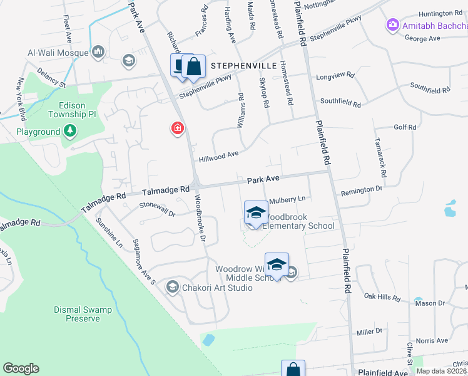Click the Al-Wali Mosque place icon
coord(98,51)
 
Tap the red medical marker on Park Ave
coord(178,128)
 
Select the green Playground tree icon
coord(71,132)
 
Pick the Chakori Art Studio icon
coord(172,287)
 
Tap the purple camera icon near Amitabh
coord(393,25)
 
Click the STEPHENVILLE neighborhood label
coord(243,65)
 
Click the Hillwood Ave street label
coord(219,155)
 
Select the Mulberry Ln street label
coord(287,200)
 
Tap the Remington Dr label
coord(361,189)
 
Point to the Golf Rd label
coord(405,127)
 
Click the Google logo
coord(21,368)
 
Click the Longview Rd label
coord(337,75)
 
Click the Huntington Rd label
coord(440,13)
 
